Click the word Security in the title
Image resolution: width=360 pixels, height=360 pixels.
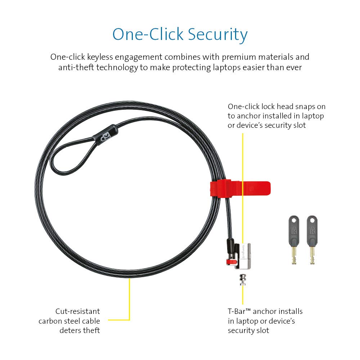[218, 35]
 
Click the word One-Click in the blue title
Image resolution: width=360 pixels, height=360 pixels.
[148, 34]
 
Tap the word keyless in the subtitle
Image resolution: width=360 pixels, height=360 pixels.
[100, 57]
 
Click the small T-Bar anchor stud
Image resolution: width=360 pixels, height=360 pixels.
[243, 280]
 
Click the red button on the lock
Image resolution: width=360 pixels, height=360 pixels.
[231, 261]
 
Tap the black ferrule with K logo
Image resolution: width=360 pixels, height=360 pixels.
[105, 135]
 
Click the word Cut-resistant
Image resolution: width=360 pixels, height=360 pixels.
[78, 311]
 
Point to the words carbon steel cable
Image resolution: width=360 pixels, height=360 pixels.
[69, 321]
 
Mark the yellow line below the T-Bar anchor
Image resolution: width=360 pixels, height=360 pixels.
[243, 295]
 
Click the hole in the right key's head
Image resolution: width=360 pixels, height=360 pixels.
[312, 221]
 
